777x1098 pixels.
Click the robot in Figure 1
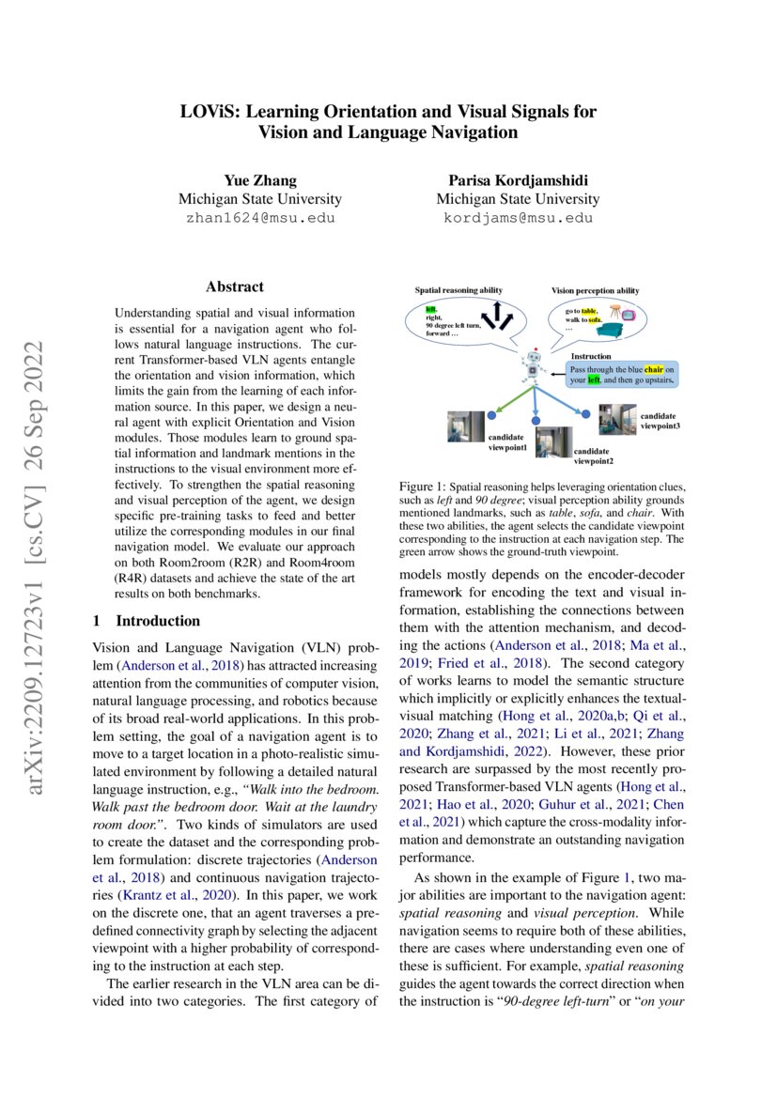[x=535, y=368]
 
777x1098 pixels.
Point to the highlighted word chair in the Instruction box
[x=653, y=370]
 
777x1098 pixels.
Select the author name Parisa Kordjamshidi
[x=518, y=180]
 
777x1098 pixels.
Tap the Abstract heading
[x=235, y=286]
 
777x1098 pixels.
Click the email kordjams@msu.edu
[x=518, y=217]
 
